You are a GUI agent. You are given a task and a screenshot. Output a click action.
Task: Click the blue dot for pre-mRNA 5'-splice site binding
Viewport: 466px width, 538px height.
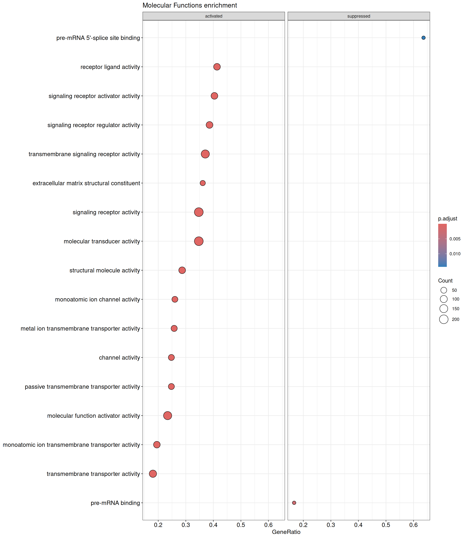[x=423, y=38]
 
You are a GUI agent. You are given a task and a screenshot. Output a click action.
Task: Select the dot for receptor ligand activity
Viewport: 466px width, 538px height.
[x=217, y=67]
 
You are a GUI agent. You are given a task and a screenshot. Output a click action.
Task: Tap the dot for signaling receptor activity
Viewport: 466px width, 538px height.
[x=199, y=212]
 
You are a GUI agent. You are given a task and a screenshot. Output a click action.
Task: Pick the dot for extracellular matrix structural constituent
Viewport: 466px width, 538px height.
[x=203, y=183]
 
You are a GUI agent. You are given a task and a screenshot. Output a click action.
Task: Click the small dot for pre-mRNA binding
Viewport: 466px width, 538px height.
[x=294, y=503]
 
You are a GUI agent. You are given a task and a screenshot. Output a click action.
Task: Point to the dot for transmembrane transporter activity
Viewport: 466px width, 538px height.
[x=153, y=474]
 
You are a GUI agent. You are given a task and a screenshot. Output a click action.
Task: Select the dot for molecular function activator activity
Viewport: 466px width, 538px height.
[x=167, y=416]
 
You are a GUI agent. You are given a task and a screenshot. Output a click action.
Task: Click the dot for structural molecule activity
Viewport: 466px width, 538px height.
[x=182, y=270]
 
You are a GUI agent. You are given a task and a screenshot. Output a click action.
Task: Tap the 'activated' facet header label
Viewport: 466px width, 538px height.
[x=214, y=16]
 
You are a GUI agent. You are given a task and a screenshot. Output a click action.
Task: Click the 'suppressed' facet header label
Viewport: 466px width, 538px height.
[x=359, y=16]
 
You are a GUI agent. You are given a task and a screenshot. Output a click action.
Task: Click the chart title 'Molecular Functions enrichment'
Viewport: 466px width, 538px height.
[x=189, y=5]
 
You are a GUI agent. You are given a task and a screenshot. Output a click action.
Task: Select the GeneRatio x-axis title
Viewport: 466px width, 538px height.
[x=286, y=532]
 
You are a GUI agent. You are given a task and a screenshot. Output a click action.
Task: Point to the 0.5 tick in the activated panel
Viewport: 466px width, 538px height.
[x=241, y=525]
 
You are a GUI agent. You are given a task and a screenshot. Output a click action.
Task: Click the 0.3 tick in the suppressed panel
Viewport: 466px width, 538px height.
[x=331, y=525]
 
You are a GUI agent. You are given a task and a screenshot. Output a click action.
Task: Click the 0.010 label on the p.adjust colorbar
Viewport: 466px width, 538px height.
[x=455, y=254]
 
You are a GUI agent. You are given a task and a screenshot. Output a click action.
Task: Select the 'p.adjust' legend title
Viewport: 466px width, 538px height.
[x=448, y=219]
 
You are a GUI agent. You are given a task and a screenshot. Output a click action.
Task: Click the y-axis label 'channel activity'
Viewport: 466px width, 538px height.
[x=119, y=358]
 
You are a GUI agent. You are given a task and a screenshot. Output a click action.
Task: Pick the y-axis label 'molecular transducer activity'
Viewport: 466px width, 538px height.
[x=102, y=241]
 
